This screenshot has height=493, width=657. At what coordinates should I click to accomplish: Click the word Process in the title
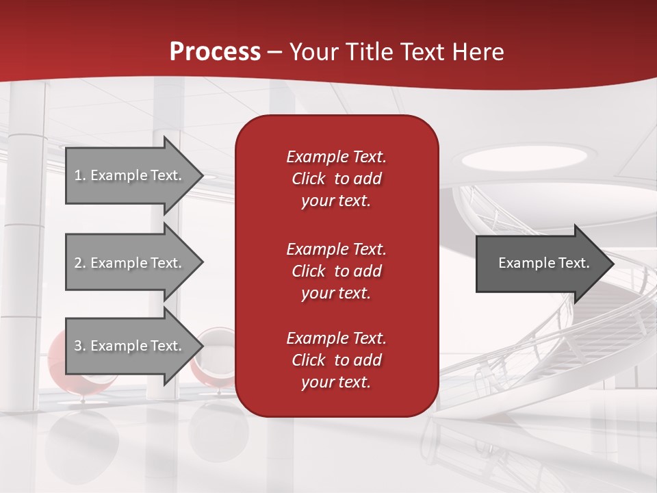click(x=215, y=51)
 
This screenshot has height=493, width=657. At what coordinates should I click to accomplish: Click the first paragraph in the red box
click(x=336, y=179)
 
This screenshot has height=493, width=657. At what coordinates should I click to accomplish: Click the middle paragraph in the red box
click(x=336, y=270)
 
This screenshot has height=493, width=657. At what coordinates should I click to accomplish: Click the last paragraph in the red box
click(x=336, y=360)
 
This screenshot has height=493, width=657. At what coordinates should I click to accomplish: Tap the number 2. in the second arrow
click(x=80, y=263)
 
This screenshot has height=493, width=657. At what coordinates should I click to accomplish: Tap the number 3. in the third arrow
click(x=80, y=346)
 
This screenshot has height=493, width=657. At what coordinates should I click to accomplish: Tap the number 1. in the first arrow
click(x=80, y=175)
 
